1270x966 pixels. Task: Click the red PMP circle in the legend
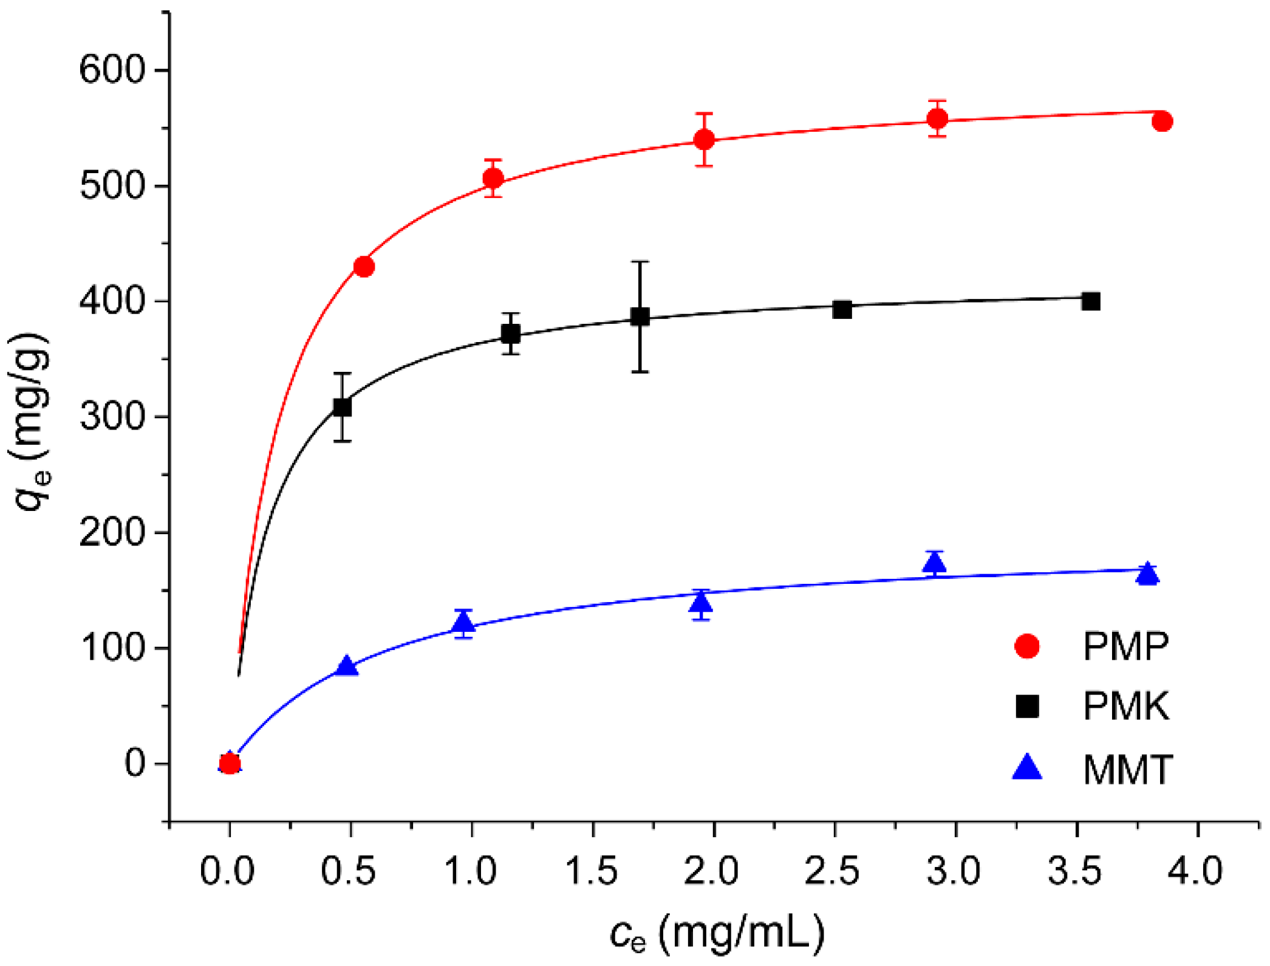click(1027, 646)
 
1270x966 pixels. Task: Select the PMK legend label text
click(1125, 707)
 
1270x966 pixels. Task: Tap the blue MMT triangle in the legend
click(1027, 768)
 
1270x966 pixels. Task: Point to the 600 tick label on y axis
click(113, 70)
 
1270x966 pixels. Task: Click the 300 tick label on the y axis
click(113, 417)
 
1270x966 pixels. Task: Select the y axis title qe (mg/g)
click(30, 419)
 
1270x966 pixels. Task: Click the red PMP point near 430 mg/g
click(364, 267)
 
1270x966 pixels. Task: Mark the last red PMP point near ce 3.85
click(1162, 122)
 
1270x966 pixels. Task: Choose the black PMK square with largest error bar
click(640, 317)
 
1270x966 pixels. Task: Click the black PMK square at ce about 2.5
click(842, 309)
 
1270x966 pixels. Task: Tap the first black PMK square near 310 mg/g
click(343, 407)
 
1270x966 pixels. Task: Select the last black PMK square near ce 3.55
click(1091, 301)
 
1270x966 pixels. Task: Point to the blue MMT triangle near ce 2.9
click(935, 564)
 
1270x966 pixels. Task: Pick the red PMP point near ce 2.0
click(704, 140)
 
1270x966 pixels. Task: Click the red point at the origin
click(230, 764)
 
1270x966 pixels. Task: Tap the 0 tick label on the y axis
click(135, 763)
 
